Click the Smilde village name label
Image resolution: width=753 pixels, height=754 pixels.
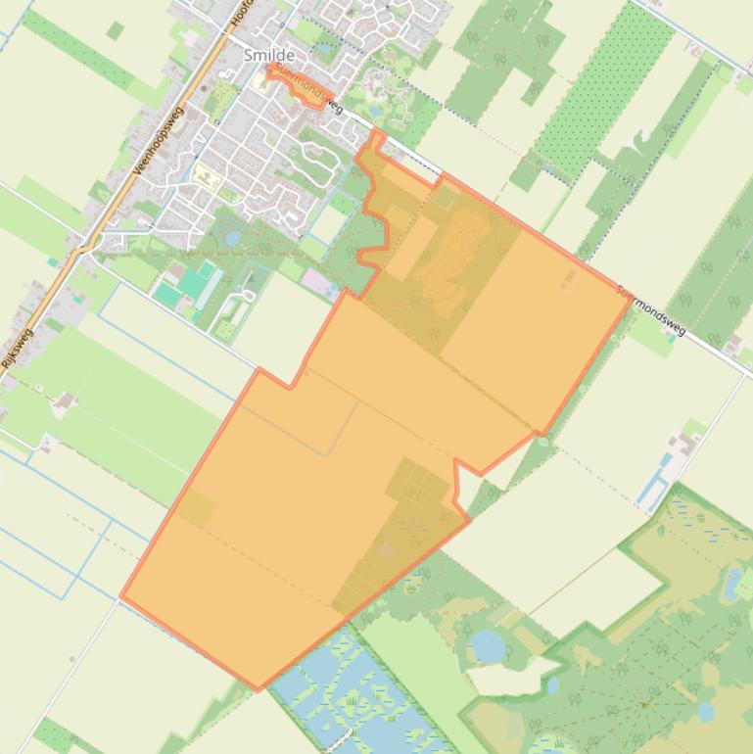coord(268,56)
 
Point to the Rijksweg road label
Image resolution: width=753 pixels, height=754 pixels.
coord(18,349)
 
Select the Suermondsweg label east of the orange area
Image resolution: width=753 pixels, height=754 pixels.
coord(651,311)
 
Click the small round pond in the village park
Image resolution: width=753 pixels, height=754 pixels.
coord(233,238)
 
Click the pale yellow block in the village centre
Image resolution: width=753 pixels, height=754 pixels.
coord(205,177)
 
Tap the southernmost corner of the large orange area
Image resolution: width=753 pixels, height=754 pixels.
coord(259,689)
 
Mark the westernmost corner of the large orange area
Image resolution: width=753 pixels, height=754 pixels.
coord(121,595)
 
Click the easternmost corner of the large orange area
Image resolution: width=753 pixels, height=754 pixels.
coord(631,300)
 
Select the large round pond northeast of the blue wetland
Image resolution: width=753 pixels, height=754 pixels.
coord(487,645)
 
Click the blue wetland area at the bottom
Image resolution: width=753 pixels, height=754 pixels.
coord(353,695)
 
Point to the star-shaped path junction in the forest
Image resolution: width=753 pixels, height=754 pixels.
coord(644,703)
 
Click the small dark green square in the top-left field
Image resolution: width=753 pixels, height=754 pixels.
coord(116,31)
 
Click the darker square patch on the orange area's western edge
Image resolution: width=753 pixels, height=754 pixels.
coord(196,508)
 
